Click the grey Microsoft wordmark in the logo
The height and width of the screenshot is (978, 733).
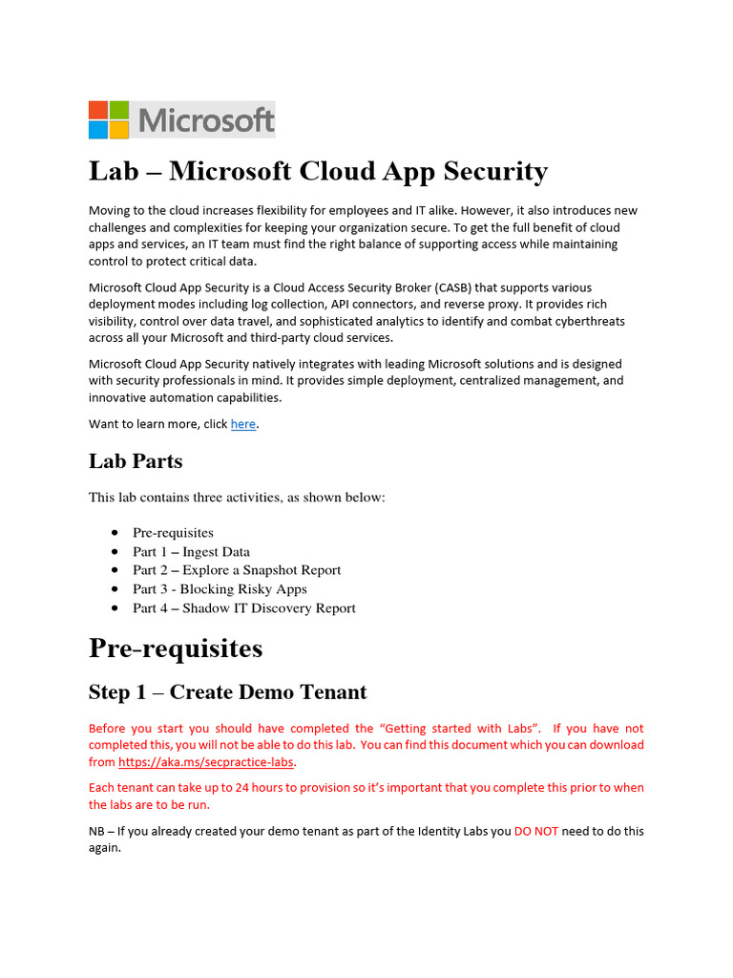coord(206,121)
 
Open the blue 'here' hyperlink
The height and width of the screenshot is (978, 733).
coord(243,424)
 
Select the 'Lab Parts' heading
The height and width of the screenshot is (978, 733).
coord(136,461)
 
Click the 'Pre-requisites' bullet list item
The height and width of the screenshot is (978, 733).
coord(173,533)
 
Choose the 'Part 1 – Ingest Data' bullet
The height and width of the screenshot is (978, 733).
coord(191,552)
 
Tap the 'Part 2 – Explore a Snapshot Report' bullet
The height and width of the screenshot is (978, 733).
coord(236,570)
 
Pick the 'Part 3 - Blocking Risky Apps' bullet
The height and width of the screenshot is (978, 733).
coord(220,589)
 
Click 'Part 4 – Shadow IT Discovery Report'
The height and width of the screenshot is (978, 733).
coord(243,608)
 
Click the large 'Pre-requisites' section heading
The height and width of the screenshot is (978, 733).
coord(176,648)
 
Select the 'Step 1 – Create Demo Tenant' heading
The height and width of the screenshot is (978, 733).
coord(227,692)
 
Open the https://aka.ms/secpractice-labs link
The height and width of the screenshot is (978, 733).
coord(206,762)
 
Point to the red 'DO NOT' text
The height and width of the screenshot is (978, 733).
coord(535,832)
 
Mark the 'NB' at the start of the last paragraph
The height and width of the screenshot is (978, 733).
coord(97,832)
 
